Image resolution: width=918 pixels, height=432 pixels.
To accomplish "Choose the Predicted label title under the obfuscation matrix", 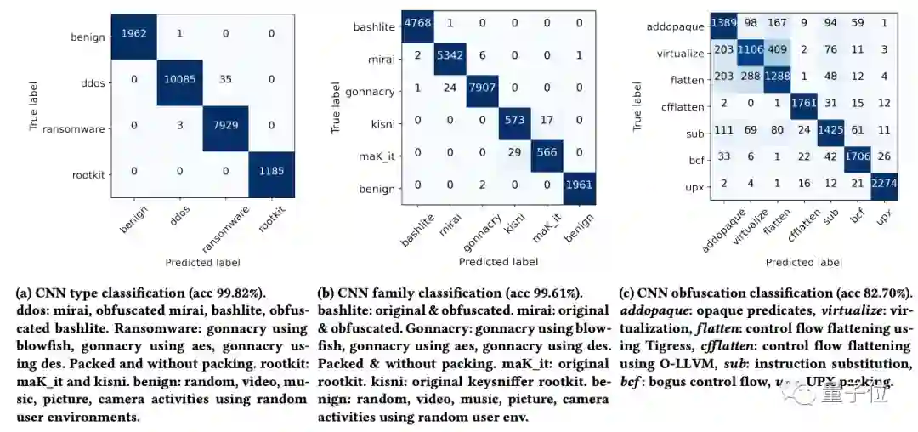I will tap(803, 262).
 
